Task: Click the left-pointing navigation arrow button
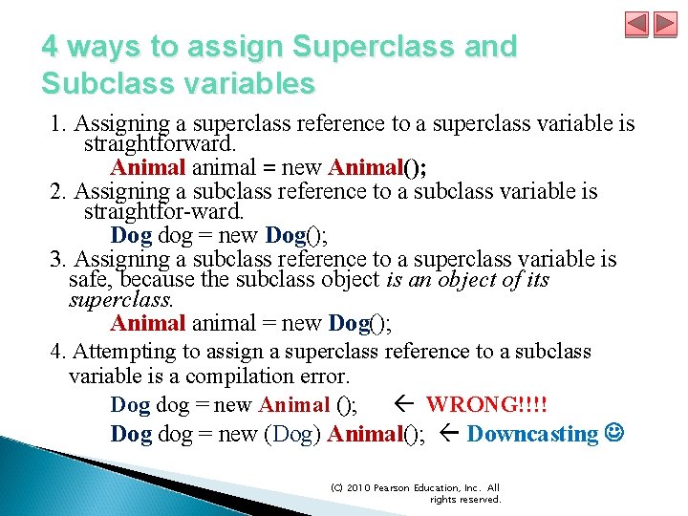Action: click(638, 24)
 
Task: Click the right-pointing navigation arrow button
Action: click(664, 24)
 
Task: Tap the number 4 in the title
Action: click(51, 46)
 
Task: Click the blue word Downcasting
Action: click(532, 434)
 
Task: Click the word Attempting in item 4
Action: click(118, 352)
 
